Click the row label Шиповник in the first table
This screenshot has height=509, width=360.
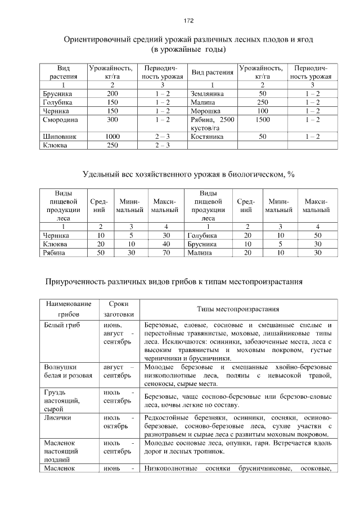pyautogui.click(x=59, y=137)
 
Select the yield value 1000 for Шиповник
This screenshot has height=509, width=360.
pyautogui.click(x=112, y=137)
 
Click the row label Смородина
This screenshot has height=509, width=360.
pyautogui.click(x=61, y=120)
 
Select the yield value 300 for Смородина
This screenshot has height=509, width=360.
pyautogui.click(x=112, y=120)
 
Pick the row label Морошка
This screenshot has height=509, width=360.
pyautogui.click(x=205, y=111)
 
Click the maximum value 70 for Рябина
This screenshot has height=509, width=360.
pyautogui.click(x=166, y=253)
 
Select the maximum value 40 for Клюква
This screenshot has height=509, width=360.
pyautogui.click(x=166, y=244)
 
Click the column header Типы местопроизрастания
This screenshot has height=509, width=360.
pyautogui.click(x=238, y=309)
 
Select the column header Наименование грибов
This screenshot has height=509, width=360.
pyautogui.click(x=68, y=309)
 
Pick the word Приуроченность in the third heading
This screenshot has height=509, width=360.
pyautogui.click(x=79, y=281)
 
